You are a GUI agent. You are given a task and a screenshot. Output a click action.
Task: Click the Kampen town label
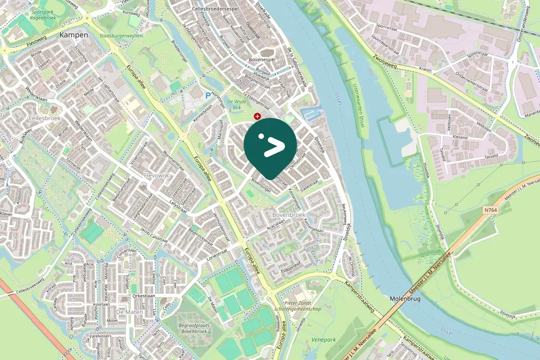coord(73,35)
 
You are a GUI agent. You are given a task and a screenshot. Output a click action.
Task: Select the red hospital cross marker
coord(257,116)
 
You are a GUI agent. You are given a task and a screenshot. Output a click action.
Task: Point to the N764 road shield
coord(490,210)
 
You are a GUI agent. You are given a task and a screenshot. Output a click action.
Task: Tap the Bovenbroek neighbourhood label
coord(289,215)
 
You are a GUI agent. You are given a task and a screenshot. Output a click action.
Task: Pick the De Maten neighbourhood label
coord(129,312)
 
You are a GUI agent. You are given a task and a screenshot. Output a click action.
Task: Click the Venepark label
coord(324,340)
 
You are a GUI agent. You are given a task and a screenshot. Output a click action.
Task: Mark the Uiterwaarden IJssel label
coord(358,107)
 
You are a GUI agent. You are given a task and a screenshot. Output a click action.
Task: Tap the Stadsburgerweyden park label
coord(121,36)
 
